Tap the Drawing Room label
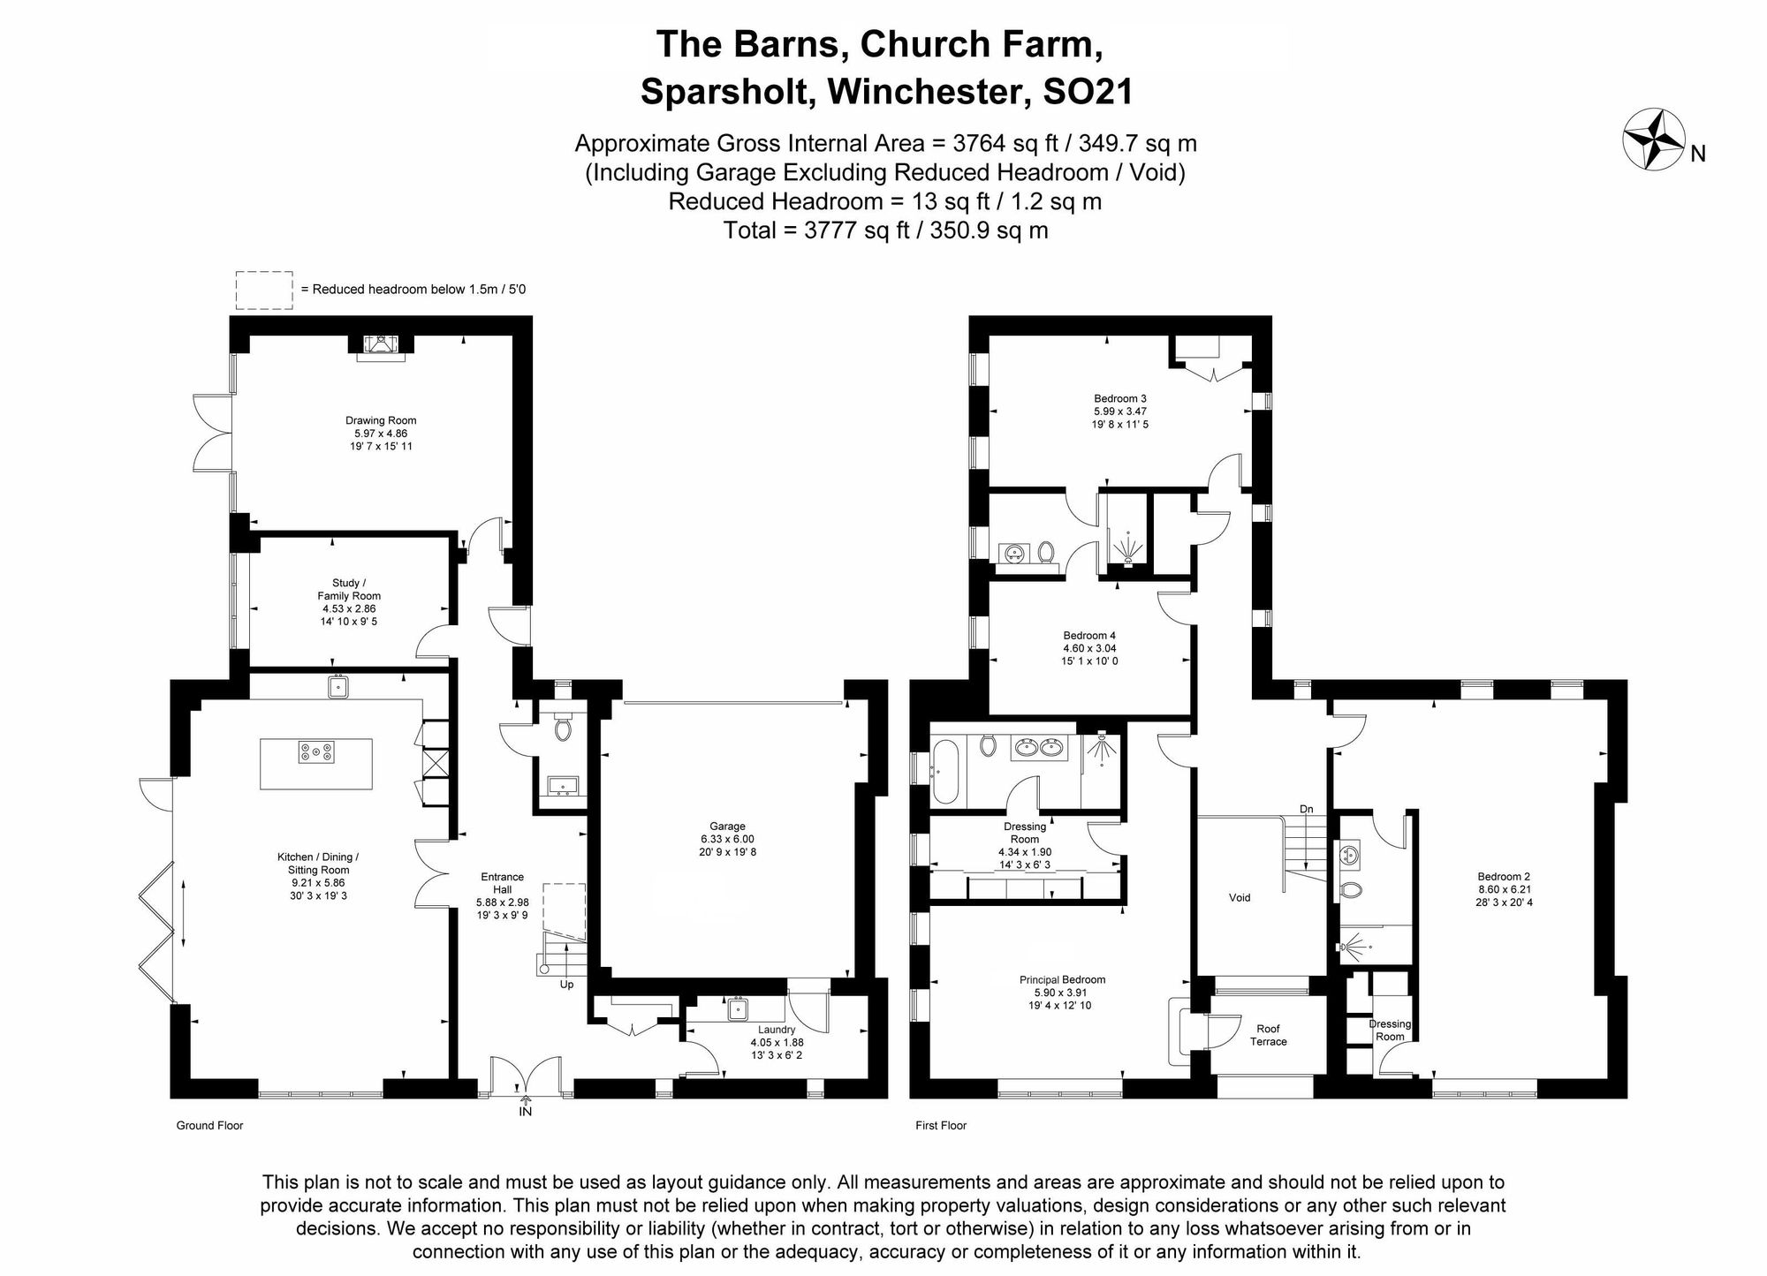pyautogui.click(x=381, y=420)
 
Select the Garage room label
pyautogui.click(x=728, y=827)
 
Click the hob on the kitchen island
pyautogui.click(x=316, y=752)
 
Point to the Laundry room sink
pyautogui.click(x=739, y=1008)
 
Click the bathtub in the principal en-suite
pyautogui.click(x=944, y=772)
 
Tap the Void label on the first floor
pyautogui.click(x=1240, y=898)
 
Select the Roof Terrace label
pyautogui.click(x=1269, y=1035)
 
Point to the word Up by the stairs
pyautogui.click(x=567, y=984)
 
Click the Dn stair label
pyautogui.click(x=1307, y=809)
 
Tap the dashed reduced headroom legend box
pyautogui.click(x=264, y=290)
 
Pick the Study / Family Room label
pyautogui.click(x=349, y=589)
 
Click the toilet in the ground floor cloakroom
pyautogui.click(x=562, y=729)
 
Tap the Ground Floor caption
pyautogui.click(x=209, y=1126)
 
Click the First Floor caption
pyautogui.click(x=941, y=1126)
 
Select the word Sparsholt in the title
pyautogui.click(x=727, y=91)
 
